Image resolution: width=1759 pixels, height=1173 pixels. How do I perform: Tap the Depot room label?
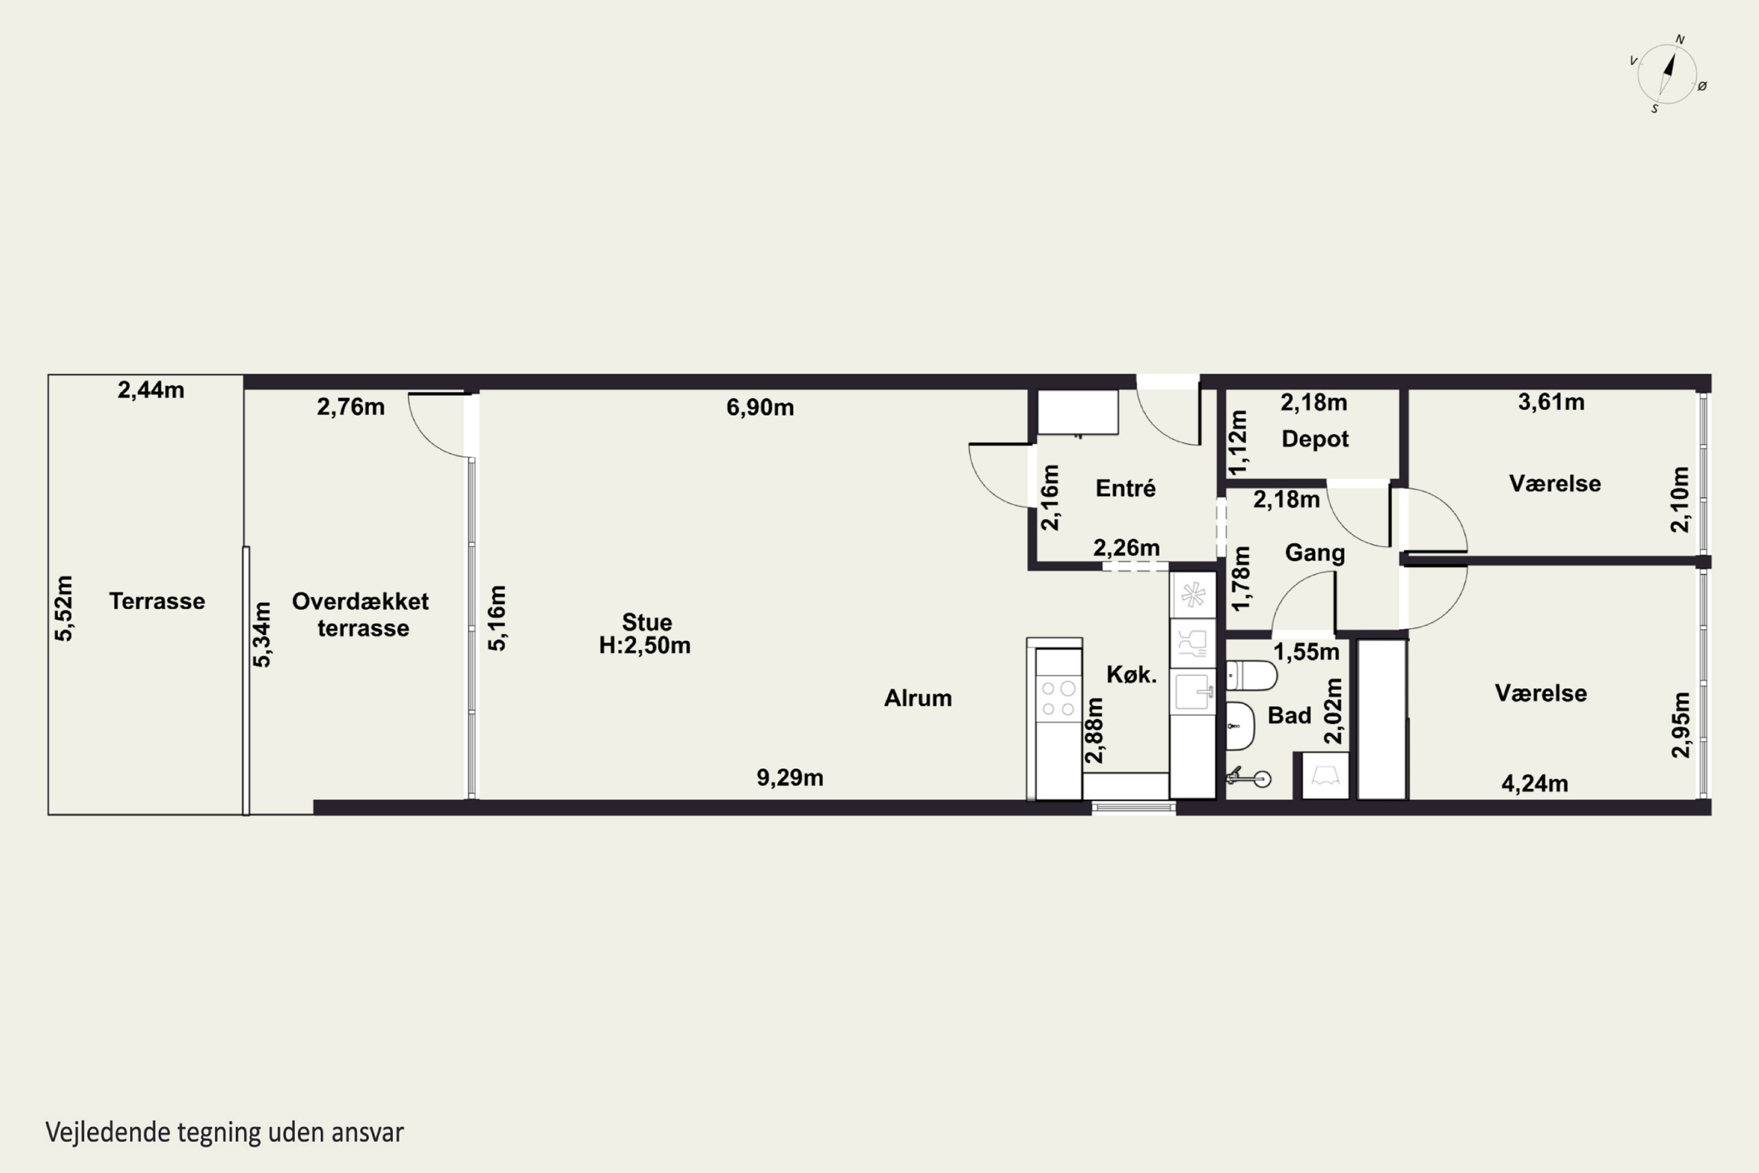click(1315, 439)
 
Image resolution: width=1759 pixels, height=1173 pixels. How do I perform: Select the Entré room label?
click(1126, 489)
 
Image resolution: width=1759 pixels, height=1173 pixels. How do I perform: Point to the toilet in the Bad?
click(1251, 676)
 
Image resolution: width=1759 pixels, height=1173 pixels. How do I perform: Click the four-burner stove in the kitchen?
click(1058, 698)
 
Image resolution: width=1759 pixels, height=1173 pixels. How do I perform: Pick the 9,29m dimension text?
click(790, 778)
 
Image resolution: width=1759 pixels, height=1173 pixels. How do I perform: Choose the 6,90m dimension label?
click(760, 408)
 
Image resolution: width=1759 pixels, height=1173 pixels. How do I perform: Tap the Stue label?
click(647, 622)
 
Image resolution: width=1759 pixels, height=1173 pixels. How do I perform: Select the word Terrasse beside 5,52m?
click(157, 602)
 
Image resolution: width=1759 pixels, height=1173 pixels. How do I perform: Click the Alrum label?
click(918, 699)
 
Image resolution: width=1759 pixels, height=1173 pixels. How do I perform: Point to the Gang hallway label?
click(1315, 554)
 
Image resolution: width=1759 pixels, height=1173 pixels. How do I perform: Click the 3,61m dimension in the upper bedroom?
click(1551, 402)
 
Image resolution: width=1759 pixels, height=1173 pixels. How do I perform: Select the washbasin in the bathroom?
click(1241, 726)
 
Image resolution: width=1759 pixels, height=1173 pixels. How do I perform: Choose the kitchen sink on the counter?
click(1193, 691)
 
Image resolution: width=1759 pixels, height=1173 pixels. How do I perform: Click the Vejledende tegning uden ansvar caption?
click(225, 1133)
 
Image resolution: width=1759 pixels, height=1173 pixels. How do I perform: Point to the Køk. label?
click(1131, 675)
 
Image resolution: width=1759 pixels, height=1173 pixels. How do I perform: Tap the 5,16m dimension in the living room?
click(497, 618)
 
